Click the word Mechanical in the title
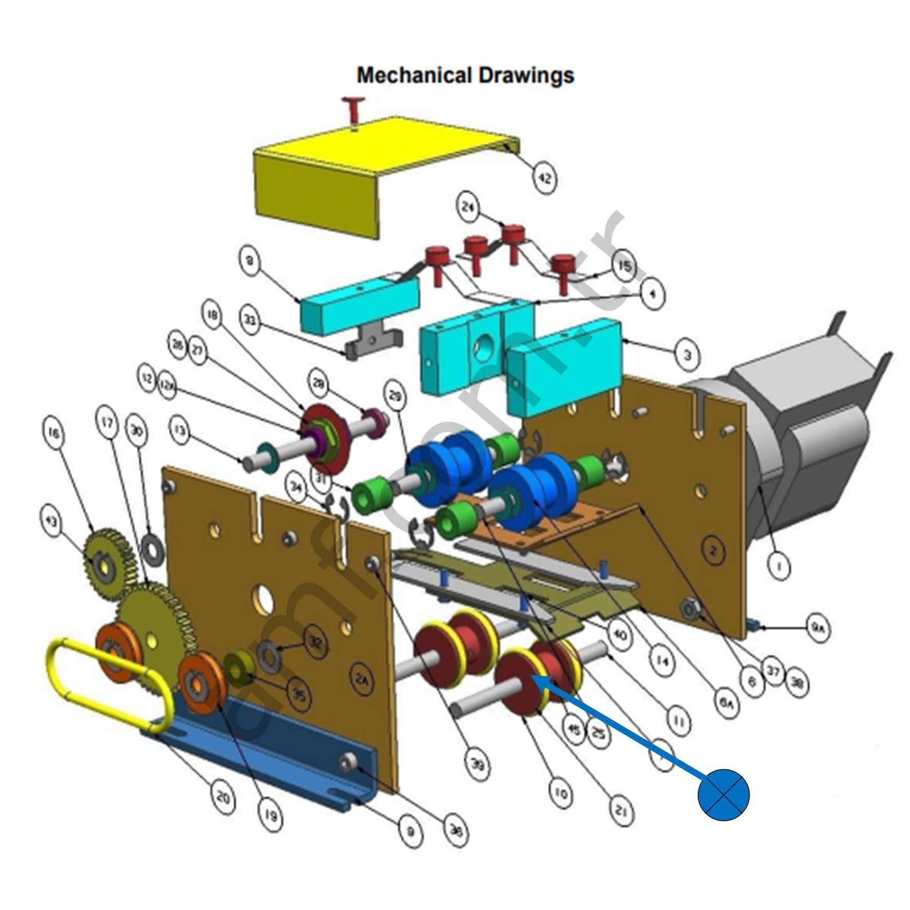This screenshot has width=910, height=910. [414, 76]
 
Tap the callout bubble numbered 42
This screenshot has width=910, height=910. [544, 178]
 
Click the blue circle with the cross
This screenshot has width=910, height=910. [723, 794]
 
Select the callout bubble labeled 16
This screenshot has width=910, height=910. [54, 432]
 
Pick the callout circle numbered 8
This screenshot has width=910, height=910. [250, 261]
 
